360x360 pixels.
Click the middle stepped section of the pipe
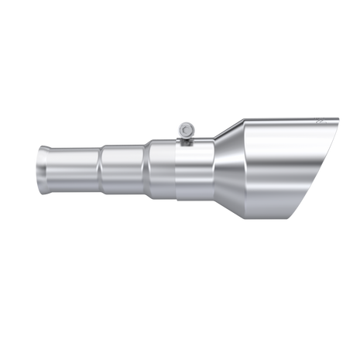(x=122, y=168)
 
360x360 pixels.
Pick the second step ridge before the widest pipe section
(x=146, y=169)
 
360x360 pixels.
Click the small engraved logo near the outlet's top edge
(x=322, y=122)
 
